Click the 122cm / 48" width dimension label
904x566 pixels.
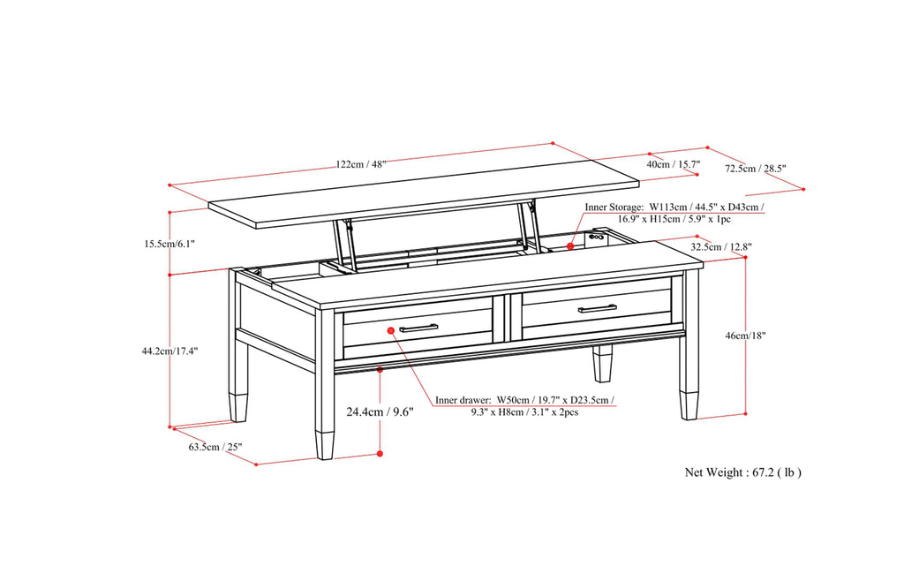360,164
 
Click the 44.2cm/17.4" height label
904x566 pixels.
169,351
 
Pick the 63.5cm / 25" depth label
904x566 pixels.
215,446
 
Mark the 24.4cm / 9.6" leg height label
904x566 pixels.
380,411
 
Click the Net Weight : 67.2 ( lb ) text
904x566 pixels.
743,472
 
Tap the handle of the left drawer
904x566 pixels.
418,328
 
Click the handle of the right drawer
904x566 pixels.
598,307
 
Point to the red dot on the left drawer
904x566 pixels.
391,329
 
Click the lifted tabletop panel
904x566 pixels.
424,201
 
